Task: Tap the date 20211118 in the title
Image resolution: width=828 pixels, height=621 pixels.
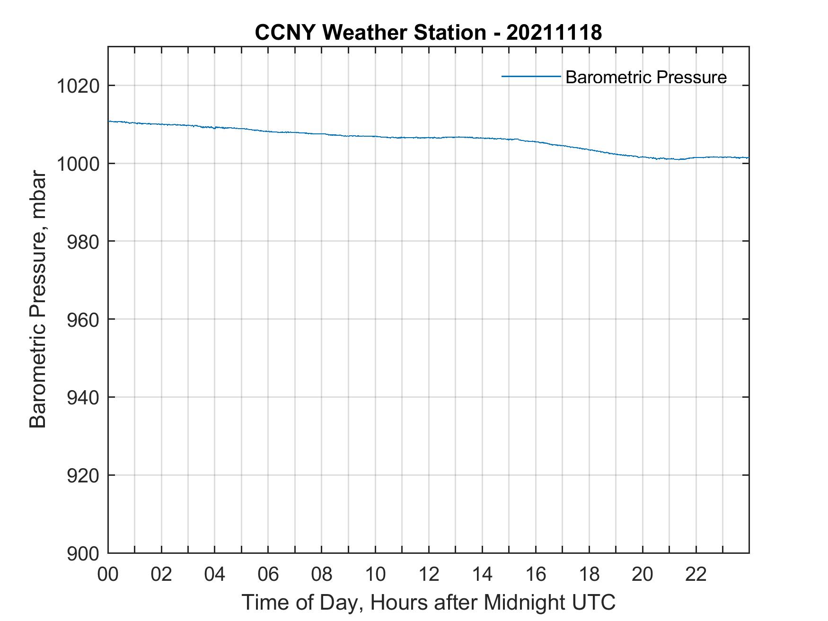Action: click(x=554, y=33)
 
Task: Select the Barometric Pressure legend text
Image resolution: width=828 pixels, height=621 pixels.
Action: click(x=645, y=77)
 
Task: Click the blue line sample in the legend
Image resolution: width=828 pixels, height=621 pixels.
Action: click(x=530, y=77)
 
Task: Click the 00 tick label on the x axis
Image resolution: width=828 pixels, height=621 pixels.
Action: click(x=108, y=574)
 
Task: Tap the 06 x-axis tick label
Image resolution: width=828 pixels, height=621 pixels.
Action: click(x=268, y=574)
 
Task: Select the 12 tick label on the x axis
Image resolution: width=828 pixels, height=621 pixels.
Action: click(x=428, y=574)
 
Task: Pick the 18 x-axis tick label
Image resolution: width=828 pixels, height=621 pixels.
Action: click(x=589, y=574)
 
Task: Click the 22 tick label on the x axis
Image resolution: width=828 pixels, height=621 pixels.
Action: click(x=696, y=574)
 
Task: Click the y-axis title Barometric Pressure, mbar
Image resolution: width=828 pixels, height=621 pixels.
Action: click(x=38, y=300)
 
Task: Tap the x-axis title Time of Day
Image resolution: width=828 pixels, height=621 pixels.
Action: click(x=428, y=603)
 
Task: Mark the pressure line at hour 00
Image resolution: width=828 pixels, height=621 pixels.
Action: click(x=109, y=122)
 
